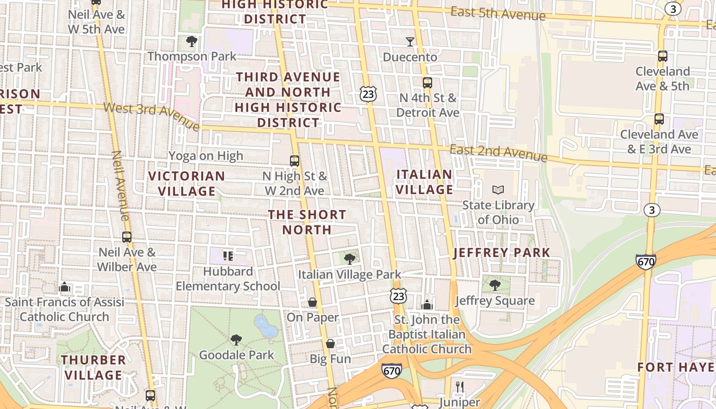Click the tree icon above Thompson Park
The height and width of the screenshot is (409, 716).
click(192, 41)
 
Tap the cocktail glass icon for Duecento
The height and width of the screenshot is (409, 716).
click(410, 42)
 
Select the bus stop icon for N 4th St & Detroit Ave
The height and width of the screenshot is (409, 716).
click(427, 82)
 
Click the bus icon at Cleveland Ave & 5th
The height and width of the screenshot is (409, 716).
click(662, 56)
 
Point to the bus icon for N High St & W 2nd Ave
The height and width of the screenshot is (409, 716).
click(295, 161)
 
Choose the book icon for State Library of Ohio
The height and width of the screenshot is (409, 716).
click(498, 190)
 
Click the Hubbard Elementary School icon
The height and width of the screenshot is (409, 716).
click(228, 256)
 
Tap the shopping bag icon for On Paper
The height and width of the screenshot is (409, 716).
click(312, 303)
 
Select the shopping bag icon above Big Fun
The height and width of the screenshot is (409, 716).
click(330, 344)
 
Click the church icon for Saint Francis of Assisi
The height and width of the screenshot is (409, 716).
click(64, 287)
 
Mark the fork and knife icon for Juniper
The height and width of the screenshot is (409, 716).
click(459, 387)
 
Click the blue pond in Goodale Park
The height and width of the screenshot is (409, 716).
click(266, 326)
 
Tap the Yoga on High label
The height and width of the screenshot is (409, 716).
click(206, 156)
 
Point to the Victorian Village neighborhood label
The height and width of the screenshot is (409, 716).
click(186, 184)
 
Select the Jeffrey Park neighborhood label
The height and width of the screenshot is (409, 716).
click(501, 253)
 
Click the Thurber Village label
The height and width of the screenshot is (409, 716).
click(93, 367)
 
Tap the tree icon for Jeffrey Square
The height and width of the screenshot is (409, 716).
click(495, 285)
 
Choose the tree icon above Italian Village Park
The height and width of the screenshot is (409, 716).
click(350, 259)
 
